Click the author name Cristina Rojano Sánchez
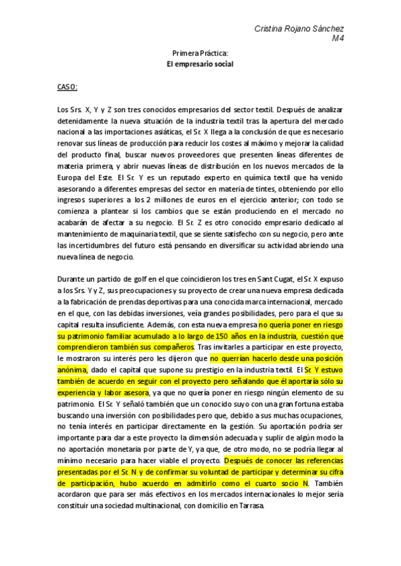tap(300, 29)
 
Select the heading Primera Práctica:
tap(200, 53)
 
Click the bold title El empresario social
tap(200, 64)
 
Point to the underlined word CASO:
tap(68, 87)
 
